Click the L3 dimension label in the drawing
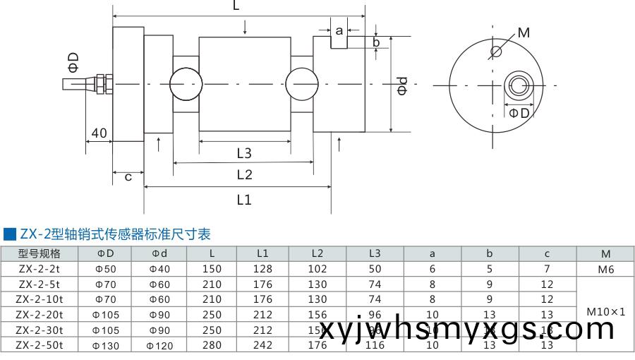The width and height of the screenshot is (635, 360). (x=244, y=152)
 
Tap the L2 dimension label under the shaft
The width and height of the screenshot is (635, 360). (x=244, y=175)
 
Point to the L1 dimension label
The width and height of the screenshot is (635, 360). (x=244, y=200)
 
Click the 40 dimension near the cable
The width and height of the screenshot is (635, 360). (x=99, y=133)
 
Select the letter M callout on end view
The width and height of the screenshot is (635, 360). (x=524, y=32)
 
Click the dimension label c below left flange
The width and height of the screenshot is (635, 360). (x=128, y=177)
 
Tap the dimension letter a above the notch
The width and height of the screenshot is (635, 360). (x=339, y=30)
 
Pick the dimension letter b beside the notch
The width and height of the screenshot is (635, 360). (x=376, y=42)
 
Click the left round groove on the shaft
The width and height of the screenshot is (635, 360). (x=186, y=84)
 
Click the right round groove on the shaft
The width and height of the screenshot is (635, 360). (x=303, y=84)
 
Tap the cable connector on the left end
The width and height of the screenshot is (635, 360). (x=99, y=83)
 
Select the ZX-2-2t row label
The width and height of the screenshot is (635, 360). (x=40, y=269)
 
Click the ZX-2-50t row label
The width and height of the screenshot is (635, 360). (x=40, y=345)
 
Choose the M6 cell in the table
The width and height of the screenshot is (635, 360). (x=605, y=269)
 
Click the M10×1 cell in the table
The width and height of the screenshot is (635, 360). (x=605, y=311)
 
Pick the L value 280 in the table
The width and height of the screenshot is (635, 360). (x=211, y=345)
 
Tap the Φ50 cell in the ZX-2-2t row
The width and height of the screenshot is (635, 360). (x=106, y=269)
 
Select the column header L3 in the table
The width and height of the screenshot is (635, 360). (x=375, y=253)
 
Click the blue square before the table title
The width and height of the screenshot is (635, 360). (x=9, y=234)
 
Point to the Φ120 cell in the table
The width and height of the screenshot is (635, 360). (x=159, y=345)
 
